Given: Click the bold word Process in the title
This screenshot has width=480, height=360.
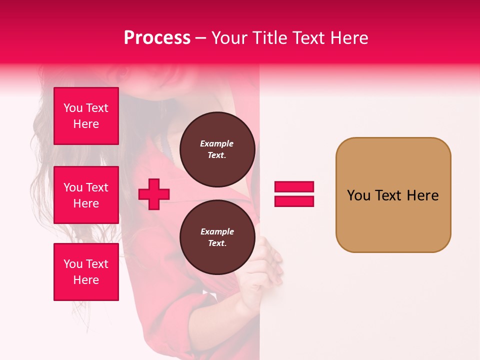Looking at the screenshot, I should coord(157,38).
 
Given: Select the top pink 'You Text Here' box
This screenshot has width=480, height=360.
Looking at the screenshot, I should coord(86,116).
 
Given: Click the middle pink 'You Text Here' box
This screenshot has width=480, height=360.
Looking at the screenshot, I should coord(86,195).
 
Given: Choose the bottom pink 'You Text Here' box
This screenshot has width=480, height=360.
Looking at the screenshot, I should coord(86,272).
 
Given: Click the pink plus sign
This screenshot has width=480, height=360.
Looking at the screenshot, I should coord(154,194).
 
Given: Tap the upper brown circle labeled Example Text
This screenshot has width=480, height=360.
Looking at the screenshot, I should coord(217,149).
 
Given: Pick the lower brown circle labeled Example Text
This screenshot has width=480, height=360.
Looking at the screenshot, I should coord(217,237).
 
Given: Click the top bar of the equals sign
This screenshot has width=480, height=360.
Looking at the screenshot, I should coord(294,187).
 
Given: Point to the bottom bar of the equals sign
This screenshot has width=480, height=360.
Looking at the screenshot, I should coord(294,201).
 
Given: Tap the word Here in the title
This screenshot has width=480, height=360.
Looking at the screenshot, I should coord(348,38).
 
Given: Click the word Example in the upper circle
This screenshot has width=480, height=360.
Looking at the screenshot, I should coord(217,143).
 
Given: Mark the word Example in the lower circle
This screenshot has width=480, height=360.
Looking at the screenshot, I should coord(217,231).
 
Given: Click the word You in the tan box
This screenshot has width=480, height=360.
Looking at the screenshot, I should coord(358,195).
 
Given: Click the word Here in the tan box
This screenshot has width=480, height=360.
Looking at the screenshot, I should coord(422,195).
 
